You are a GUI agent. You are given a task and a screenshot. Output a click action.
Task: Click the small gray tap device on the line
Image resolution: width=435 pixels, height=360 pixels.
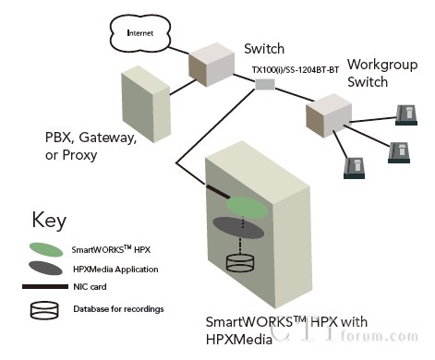265,85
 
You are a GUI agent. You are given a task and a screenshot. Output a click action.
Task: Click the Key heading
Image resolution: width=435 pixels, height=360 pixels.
50,220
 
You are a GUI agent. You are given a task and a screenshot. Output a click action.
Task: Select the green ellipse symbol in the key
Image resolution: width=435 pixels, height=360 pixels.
45,248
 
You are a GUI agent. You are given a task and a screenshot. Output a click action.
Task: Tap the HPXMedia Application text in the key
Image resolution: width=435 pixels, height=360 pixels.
116,269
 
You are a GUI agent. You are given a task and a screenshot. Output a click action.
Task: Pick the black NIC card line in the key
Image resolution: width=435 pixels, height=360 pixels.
45,287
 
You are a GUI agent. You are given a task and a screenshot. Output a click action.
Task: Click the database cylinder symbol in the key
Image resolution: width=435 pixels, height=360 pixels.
45,307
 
